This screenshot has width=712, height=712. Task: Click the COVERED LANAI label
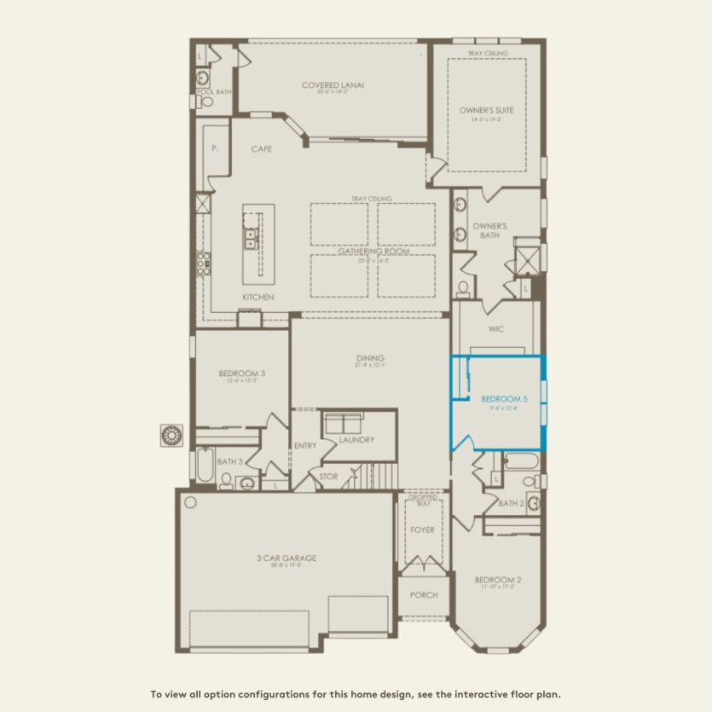[333, 85]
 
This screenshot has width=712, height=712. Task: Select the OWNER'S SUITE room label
[486, 110]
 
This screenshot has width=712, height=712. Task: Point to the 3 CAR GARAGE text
[287, 559]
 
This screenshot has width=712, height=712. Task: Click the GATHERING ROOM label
[373, 252]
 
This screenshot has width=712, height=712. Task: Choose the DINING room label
[370, 358]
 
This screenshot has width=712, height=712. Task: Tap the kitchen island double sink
[252, 239]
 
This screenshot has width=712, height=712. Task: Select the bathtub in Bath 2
[520, 463]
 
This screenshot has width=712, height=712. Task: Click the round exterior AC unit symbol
[172, 436]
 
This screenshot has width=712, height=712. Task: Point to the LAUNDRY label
[356, 440]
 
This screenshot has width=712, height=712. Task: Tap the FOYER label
[422, 530]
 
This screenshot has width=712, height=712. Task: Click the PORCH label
[424, 595]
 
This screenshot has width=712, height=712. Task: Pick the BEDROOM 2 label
[498, 580]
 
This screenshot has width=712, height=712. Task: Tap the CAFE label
[261, 148]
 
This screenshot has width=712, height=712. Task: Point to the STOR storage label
[328, 476]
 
